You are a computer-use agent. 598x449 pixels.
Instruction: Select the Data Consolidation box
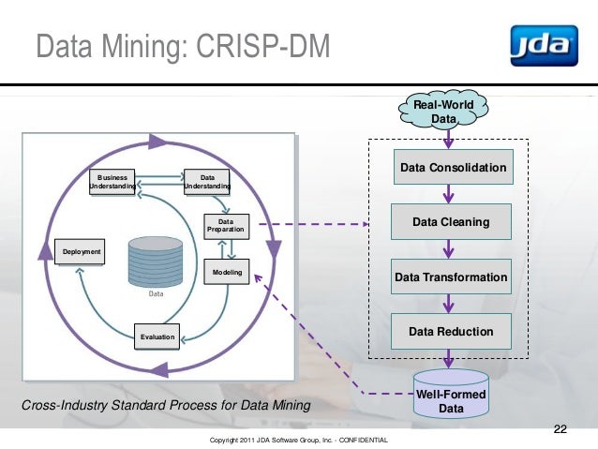453,168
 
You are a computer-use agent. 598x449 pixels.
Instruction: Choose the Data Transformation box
451,277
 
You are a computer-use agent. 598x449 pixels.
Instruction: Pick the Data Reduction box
451,331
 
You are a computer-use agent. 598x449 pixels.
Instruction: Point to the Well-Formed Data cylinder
451,399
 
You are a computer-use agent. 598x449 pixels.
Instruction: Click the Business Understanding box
112,181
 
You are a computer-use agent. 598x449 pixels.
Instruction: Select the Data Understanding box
207,181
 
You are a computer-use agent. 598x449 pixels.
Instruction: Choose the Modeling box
227,273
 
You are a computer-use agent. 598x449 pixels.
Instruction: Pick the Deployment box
82,252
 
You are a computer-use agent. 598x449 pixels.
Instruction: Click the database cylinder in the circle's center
156,262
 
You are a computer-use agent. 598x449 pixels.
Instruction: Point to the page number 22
561,429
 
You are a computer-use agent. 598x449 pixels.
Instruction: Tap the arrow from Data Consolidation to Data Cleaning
451,195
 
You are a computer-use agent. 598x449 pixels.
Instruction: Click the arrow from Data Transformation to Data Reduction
451,304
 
